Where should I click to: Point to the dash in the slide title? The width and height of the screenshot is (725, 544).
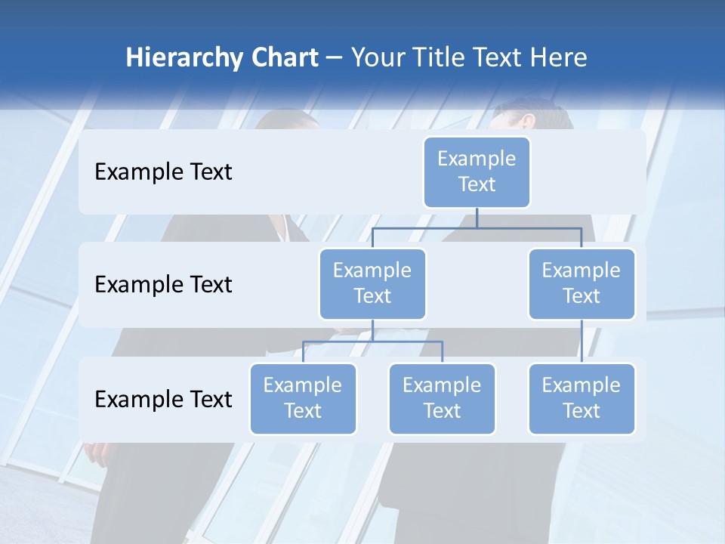[x=335, y=58]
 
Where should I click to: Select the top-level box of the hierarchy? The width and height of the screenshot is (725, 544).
[x=477, y=172]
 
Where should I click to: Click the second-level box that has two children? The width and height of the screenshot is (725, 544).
[x=372, y=283]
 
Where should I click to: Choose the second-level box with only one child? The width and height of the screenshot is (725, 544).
[x=582, y=283]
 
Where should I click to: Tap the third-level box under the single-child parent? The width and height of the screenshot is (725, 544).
[x=582, y=398]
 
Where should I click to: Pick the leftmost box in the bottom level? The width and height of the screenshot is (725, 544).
[x=303, y=398]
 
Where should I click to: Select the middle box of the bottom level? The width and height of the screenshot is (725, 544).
[x=442, y=398]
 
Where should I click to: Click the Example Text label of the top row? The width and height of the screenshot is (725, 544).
[x=163, y=172]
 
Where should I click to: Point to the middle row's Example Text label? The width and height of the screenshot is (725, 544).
[x=163, y=285]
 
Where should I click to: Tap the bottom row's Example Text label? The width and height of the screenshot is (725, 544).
[x=163, y=399]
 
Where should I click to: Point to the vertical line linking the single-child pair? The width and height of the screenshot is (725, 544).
[x=582, y=341]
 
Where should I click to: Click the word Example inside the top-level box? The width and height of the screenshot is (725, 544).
[x=477, y=159]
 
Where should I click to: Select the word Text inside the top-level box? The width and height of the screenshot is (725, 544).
[x=477, y=184]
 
